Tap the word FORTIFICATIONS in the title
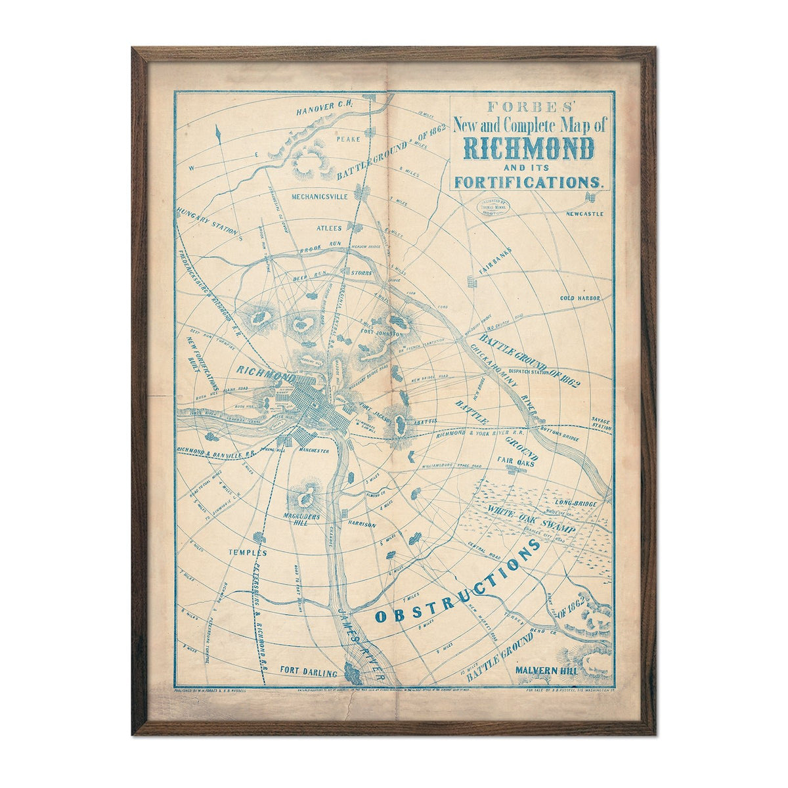click(529, 180)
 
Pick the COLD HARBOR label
click(580, 298)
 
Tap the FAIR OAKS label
click(514, 461)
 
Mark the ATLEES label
click(330, 229)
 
